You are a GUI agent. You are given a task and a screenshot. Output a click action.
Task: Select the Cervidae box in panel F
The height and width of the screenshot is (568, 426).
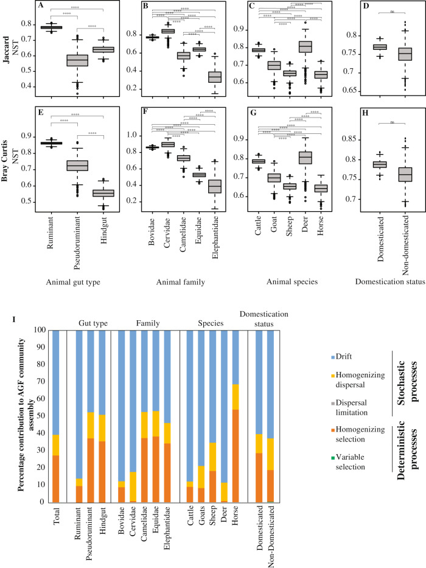click(167, 144)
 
